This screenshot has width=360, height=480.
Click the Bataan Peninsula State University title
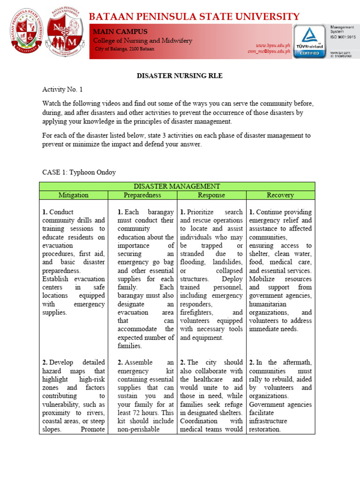point(194,16)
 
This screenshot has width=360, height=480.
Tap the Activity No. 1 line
point(62,89)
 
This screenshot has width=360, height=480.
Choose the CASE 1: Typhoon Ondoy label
point(79,172)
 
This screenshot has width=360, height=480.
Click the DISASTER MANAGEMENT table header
point(177,186)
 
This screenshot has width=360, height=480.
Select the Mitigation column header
point(73,195)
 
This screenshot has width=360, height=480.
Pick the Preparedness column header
point(142,195)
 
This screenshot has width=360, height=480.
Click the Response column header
point(211,195)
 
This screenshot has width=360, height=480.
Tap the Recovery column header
point(280,195)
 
